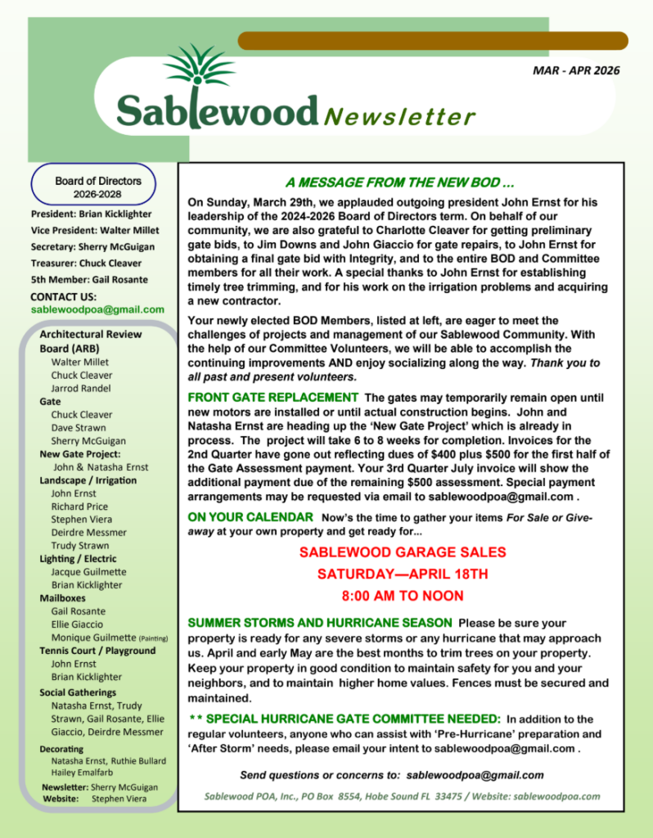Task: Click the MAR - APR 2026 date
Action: point(576,70)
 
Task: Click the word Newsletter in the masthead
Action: point(399,117)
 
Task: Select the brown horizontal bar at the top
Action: point(432,40)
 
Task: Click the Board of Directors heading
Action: point(98,181)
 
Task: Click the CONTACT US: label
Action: point(63,296)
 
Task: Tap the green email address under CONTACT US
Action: point(97,309)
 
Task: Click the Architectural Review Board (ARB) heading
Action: point(90,340)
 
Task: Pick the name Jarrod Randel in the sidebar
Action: point(80,388)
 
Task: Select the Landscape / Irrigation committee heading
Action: point(88,480)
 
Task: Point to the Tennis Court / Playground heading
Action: point(97,651)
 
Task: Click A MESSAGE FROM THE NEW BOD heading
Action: point(399,182)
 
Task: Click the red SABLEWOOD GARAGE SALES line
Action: point(402,552)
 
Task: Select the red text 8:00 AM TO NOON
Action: point(402,596)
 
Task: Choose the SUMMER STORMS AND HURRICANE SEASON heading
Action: point(320,623)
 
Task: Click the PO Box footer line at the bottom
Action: point(402,795)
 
